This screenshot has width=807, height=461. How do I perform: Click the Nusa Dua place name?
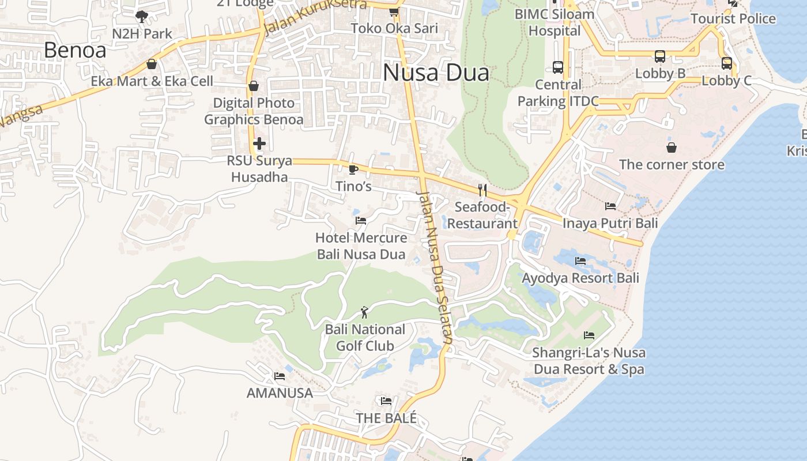(x=436, y=73)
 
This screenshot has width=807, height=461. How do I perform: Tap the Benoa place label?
(x=75, y=51)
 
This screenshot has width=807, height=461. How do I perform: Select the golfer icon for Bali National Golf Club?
(x=364, y=312)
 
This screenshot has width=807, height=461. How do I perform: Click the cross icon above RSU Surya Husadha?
(x=259, y=143)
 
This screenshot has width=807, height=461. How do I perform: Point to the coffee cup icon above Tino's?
(x=353, y=169)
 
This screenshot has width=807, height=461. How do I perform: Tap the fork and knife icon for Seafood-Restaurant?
(x=482, y=190)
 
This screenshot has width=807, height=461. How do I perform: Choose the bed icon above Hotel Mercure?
(x=361, y=221)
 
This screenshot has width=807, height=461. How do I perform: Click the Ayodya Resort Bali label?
(x=580, y=278)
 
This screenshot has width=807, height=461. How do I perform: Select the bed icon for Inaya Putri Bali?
(x=610, y=206)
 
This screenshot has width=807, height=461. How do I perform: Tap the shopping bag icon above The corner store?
(x=672, y=148)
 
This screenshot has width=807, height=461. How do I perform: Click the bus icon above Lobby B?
(x=660, y=56)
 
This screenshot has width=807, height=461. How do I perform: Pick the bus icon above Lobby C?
(x=727, y=63)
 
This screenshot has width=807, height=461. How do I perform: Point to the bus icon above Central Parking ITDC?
(x=558, y=67)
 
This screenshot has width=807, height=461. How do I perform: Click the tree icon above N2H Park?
(x=142, y=17)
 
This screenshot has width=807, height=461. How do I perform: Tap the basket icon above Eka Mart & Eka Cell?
(x=152, y=64)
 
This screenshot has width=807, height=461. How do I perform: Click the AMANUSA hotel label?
(x=280, y=393)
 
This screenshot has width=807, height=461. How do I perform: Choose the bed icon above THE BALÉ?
(x=386, y=401)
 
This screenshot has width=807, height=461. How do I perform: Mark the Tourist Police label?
(x=733, y=18)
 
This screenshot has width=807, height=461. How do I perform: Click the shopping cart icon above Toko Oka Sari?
(x=394, y=12)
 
